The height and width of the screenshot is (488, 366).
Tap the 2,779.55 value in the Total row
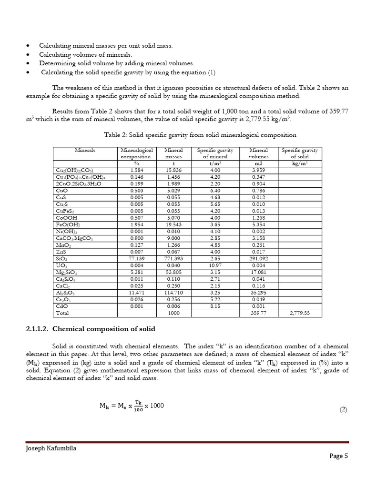(300, 313)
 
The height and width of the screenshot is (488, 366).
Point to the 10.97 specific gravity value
(216, 264)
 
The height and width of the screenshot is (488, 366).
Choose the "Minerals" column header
(85, 150)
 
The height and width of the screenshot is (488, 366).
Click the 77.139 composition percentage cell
(136, 258)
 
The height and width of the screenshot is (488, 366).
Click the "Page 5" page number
(339, 456)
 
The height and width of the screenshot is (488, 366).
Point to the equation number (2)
(344, 409)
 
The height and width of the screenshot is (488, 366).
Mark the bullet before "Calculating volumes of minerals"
(29, 55)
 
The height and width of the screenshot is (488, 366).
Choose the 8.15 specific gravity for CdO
(216, 306)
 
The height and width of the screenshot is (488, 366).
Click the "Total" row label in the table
(62, 313)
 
